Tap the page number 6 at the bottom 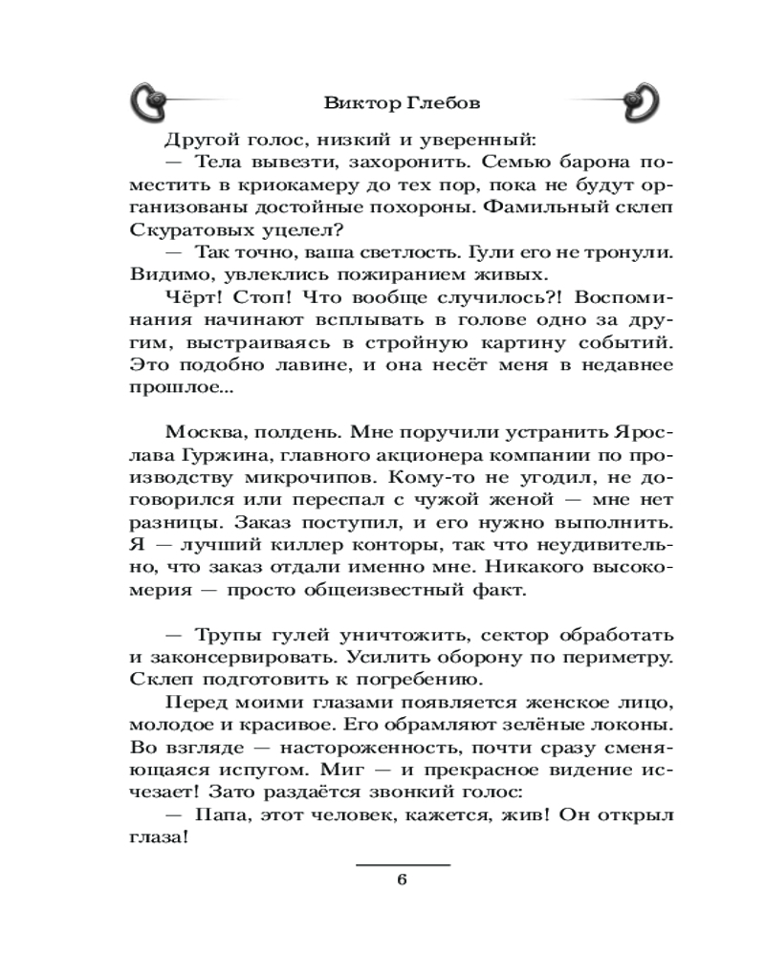[402, 880]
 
